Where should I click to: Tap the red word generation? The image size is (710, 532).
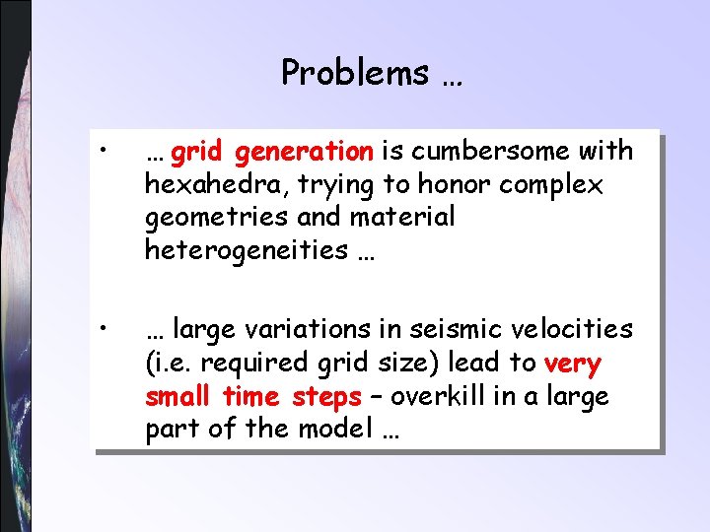click(x=305, y=151)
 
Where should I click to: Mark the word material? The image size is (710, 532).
click(x=400, y=217)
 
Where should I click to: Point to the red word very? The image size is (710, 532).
click(x=572, y=364)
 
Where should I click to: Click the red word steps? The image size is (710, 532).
click(x=326, y=397)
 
